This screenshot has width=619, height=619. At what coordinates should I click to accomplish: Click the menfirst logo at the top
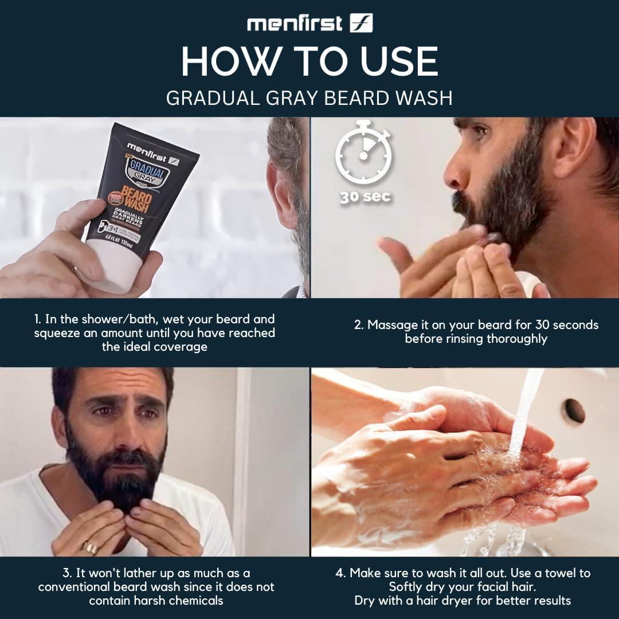[x=309, y=23]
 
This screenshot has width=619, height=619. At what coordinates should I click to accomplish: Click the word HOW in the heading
[x=223, y=61]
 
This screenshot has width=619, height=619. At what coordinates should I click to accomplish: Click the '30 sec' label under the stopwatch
[x=365, y=197]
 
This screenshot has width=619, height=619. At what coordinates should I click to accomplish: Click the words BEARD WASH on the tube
[x=132, y=202]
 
